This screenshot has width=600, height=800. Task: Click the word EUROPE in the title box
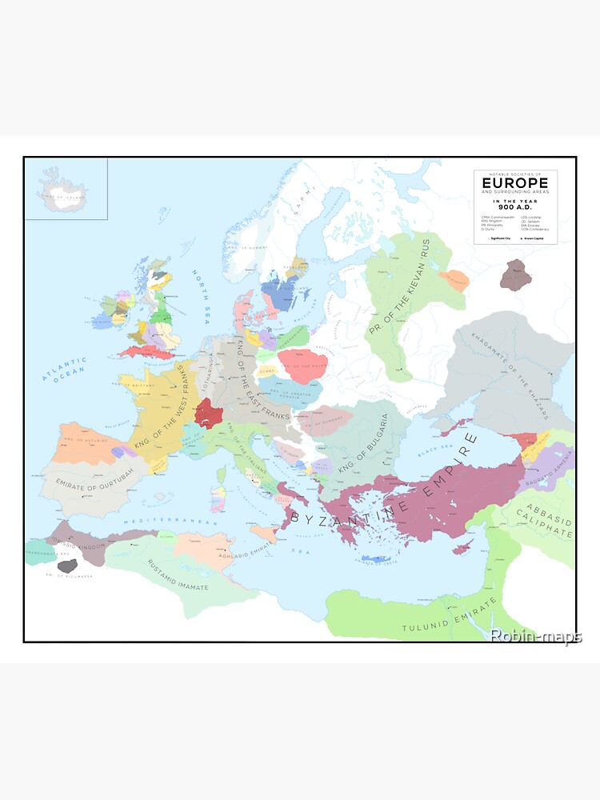click(515, 182)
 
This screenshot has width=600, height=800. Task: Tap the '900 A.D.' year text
click(515, 208)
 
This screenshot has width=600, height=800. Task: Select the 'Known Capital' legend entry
click(538, 238)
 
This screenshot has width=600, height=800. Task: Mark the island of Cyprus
click(463, 549)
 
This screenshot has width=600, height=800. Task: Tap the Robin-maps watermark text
click(535, 636)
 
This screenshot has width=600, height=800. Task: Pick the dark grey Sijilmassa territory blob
click(67, 566)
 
